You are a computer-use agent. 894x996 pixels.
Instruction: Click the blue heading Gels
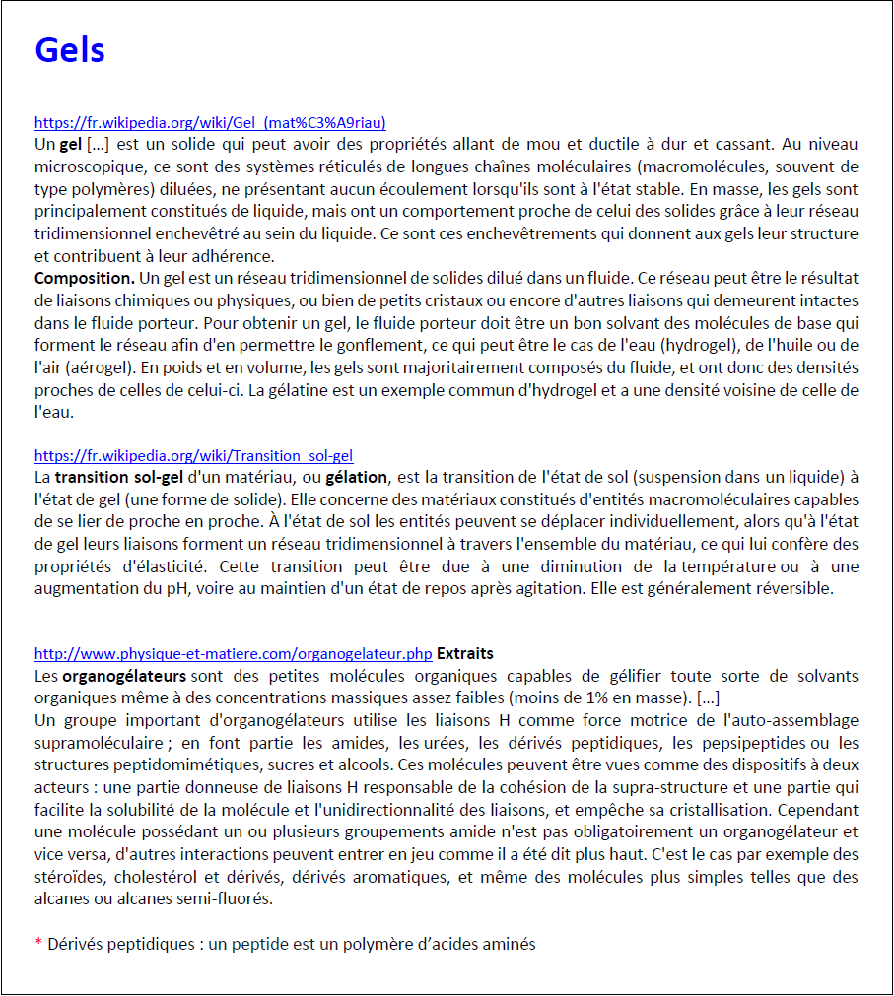(69, 49)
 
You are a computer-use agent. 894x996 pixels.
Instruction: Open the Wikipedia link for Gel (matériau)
(210, 123)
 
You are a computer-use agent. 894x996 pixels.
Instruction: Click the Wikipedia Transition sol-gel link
(193, 456)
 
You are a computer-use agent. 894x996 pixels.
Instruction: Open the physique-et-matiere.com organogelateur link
(233, 653)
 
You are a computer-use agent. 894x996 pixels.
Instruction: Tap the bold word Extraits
(465, 653)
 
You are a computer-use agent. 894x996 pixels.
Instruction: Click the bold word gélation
(358, 478)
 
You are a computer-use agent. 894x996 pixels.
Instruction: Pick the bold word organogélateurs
(124, 676)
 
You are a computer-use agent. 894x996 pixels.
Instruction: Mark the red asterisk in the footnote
(38, 945)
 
